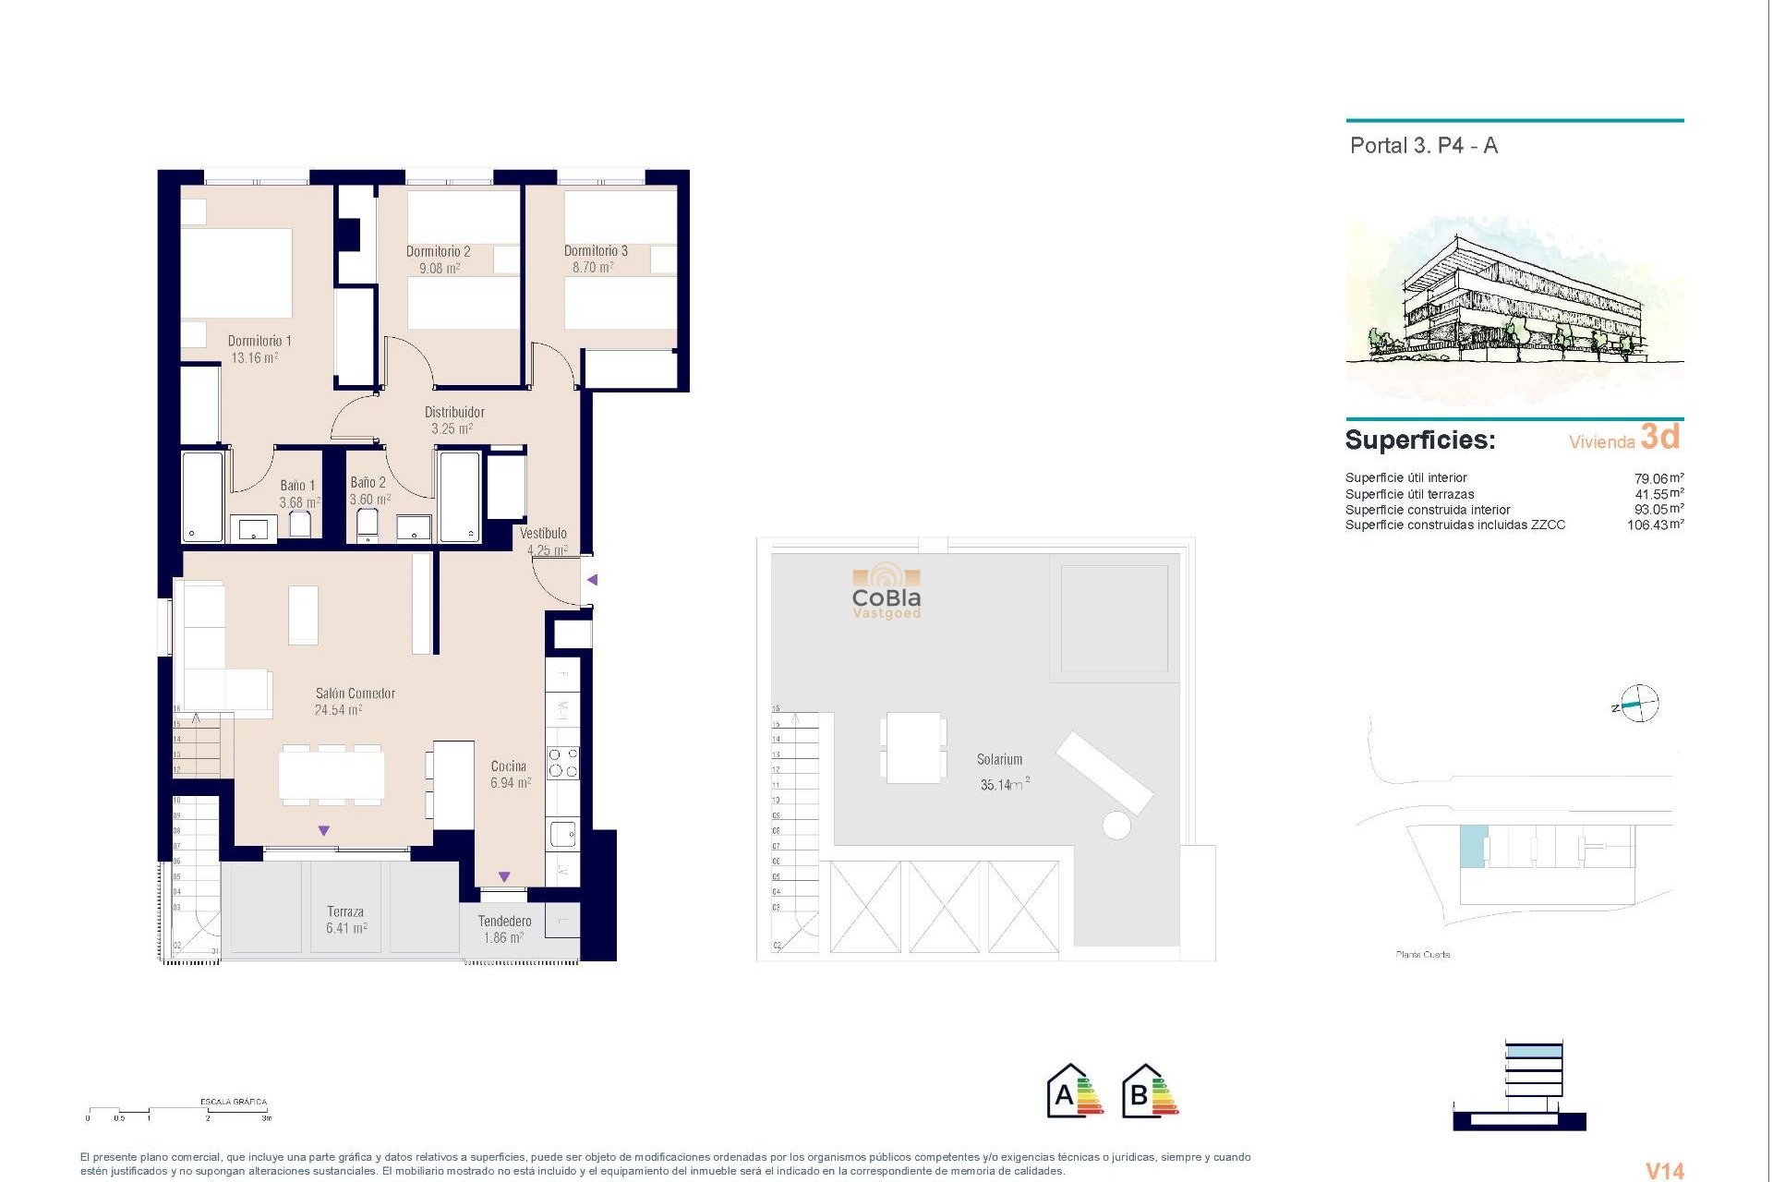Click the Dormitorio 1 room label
point(259,341)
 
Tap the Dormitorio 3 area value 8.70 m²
point(593,268)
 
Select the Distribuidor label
point(453,412)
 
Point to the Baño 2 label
point(368,482)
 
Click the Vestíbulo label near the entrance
point(543,533)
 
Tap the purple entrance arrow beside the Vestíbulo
point(593,580)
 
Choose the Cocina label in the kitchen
point(509,766)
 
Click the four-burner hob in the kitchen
point(562,763)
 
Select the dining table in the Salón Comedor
point(332,775)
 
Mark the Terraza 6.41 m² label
point(345,920)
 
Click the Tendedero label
point(504,921)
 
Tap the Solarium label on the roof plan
point(999,759)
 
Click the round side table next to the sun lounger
point(1116,825)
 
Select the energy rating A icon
point(1074,1092)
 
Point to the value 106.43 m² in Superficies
point(1654,525)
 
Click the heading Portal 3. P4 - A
point(1423,146)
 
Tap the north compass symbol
point(1639,705)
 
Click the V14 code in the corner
point(1665,1170)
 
